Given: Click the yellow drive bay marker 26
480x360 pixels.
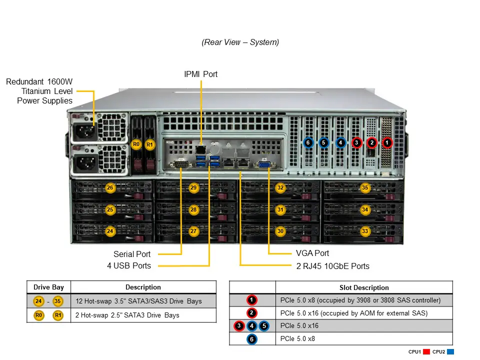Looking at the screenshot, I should (x=110, y=188).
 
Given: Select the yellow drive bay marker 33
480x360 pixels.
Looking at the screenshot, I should (x=365, y=231).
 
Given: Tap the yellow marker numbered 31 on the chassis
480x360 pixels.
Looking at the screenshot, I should (x=280, y=210).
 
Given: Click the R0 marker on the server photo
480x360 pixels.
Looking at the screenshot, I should (x=136, y=144).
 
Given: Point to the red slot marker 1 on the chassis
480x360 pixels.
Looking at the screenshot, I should (x=387, y=143).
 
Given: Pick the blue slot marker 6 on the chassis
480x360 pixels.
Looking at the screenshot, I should (x=308, y=143).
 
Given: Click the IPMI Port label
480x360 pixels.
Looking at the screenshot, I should (x=201, y=74).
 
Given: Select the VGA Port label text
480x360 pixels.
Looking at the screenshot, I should (x=312, y=253).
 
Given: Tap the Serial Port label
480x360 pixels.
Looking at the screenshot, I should (x=132, y=254).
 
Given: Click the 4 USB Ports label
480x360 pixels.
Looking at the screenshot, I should (x=129, y=266).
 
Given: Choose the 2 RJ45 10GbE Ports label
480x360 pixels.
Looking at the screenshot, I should (x=333, y=266).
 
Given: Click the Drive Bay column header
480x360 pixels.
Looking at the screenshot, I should (x=48, y=287).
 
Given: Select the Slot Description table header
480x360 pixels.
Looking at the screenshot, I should (x=364, y=288).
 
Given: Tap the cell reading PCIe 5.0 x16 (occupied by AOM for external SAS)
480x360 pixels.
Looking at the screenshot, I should (x=354, y=313).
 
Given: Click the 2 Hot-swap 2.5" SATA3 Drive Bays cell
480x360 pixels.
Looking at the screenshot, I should (x=126, y=315).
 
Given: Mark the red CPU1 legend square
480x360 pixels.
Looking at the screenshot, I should (x=426, y=352).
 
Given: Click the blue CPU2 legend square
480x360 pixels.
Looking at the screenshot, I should (x=450, y=352).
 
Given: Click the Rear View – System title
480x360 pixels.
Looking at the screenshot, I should (x=240, y=42).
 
